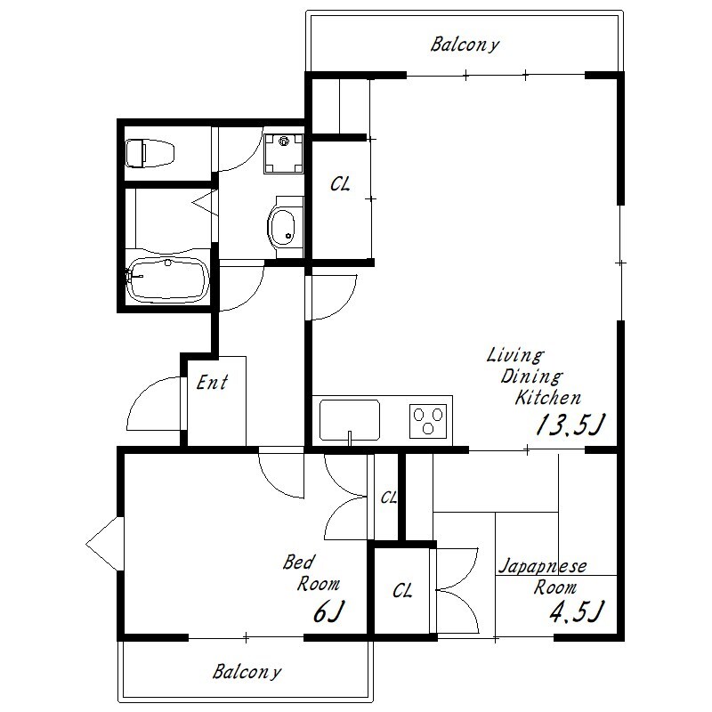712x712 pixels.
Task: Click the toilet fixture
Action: pos(150,153)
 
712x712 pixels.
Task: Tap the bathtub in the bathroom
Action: pos(167,280)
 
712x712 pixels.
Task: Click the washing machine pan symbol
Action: pos(284,153)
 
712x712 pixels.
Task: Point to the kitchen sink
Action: pos(350,420)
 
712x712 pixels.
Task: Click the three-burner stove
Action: pos(428,421)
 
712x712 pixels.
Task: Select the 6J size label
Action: pos(328,611)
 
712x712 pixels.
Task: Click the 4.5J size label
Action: pos(577,611)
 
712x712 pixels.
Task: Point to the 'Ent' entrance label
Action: pos(212,383)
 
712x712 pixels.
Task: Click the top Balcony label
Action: pos(465,45)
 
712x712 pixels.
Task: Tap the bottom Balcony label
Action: pos(247,672)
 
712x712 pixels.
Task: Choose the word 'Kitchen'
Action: pos(548,398)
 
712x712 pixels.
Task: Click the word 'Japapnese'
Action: pos(543,566)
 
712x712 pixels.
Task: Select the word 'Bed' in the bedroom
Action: pos(298,562)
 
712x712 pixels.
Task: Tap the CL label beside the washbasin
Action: pos(340,184)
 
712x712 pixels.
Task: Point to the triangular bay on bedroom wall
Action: pos(105,544)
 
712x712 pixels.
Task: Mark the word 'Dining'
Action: pos(531,376)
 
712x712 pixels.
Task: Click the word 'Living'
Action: pos(515,354)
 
